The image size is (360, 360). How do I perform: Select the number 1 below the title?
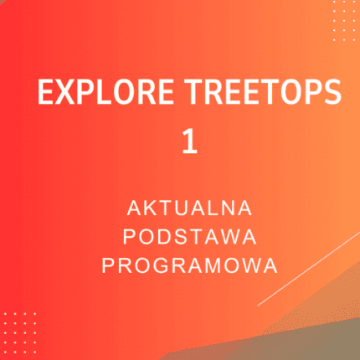190,141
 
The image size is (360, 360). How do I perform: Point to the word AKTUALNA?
190,206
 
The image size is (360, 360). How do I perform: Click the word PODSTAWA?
190,235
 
